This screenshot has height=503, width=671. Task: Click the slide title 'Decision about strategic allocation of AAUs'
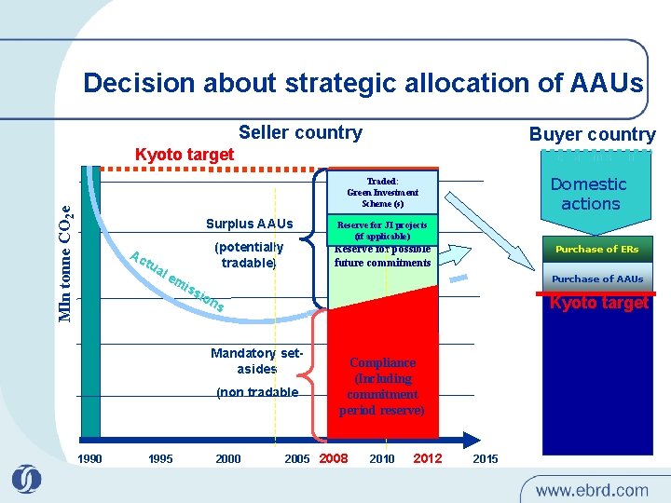[x=363, y=83]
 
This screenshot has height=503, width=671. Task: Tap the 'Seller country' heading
[x=300, y=132]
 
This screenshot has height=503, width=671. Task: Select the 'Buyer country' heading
[x=592, y=134]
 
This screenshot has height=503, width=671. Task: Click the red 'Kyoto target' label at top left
[x=185, y=155]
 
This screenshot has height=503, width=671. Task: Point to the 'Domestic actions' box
[x=589, y=195]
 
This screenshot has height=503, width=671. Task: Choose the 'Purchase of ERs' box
[x=596, y=250]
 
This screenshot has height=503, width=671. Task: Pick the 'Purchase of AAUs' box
[x=596, y=279]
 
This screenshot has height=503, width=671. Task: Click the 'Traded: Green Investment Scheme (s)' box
[x=382, y=192]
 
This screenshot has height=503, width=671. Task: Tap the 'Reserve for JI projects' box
[x=382, y=230]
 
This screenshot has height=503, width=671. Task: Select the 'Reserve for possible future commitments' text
[x=382, y=256]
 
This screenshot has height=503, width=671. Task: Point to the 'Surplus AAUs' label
[x=249, y=224]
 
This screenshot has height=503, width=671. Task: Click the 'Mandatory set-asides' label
[x=256, y=361]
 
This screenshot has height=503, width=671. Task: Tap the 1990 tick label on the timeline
[x=90, y=458]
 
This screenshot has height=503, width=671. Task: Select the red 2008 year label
[x=334, y=458]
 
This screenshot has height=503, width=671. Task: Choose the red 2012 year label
[x=427, y=458]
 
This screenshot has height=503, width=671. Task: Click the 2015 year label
[x=486, y=458]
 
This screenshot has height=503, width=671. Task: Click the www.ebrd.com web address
[x=591, y=489]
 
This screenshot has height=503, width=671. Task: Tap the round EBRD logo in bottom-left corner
[x=26, y=479]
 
